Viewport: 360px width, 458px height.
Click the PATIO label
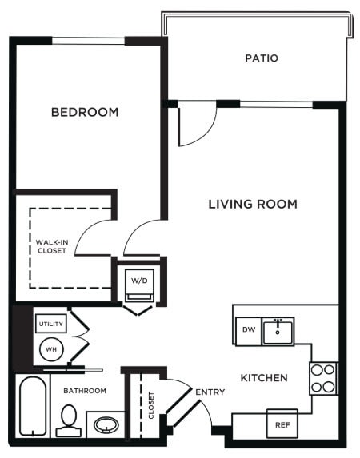click(x=262, y=58)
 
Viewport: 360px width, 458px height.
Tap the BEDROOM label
click(x=85, y=112)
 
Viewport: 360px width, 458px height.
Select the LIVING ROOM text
click(x=253, y=204)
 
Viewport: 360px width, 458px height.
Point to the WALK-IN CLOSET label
click(x=51, y=245)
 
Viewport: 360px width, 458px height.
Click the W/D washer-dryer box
click(x=140, y=281)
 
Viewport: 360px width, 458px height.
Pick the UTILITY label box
click(x=50, y=323)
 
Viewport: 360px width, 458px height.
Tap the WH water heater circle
click(x=50, y=348)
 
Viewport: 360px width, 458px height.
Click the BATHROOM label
click(x=85, y=390)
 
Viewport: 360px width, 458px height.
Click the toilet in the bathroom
click(x=69, y=420)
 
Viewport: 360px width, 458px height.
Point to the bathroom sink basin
click(x=106, y=424)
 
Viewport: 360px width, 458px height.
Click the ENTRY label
click(x=210, y=392)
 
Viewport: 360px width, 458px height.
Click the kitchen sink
click(x=278, y=329)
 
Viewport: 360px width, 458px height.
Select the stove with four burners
click(x=323, y=378)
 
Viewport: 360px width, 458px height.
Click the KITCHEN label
click(x=264, y=376)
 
